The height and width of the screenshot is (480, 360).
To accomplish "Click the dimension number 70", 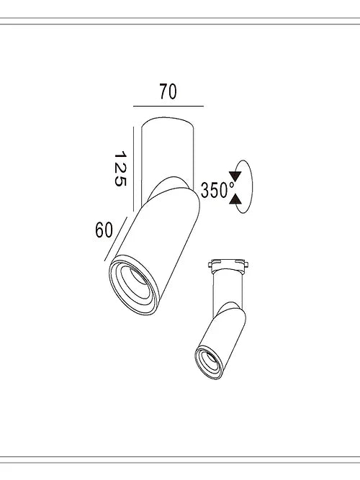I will (x=167, y=91).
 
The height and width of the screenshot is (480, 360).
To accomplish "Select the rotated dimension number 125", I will (x=120, y=169).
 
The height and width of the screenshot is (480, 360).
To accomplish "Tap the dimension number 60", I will (x=104, y=230).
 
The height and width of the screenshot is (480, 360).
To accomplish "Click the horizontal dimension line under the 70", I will (x=168, y=106).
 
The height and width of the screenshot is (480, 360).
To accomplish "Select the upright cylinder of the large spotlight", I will (x=167, y=144).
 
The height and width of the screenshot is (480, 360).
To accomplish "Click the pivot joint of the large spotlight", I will (x=171, y=189).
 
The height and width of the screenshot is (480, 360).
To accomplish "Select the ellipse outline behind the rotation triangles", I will (x=248, y=187).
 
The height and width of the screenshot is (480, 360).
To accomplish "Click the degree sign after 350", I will (x=231, y=185).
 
